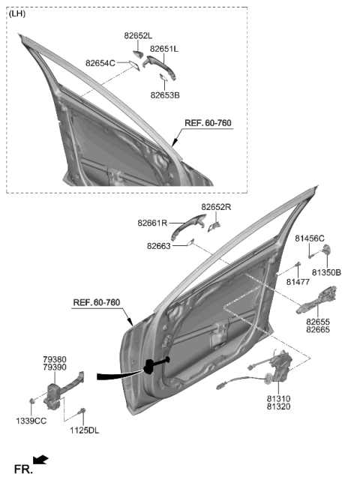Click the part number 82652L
138,35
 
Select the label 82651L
163,49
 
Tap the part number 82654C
100,63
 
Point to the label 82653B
165,95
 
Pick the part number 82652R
216,207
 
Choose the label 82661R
152,223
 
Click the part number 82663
159,245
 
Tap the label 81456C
309,238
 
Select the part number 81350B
326,272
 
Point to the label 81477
298,282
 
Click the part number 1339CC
32,421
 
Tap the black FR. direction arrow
42,459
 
